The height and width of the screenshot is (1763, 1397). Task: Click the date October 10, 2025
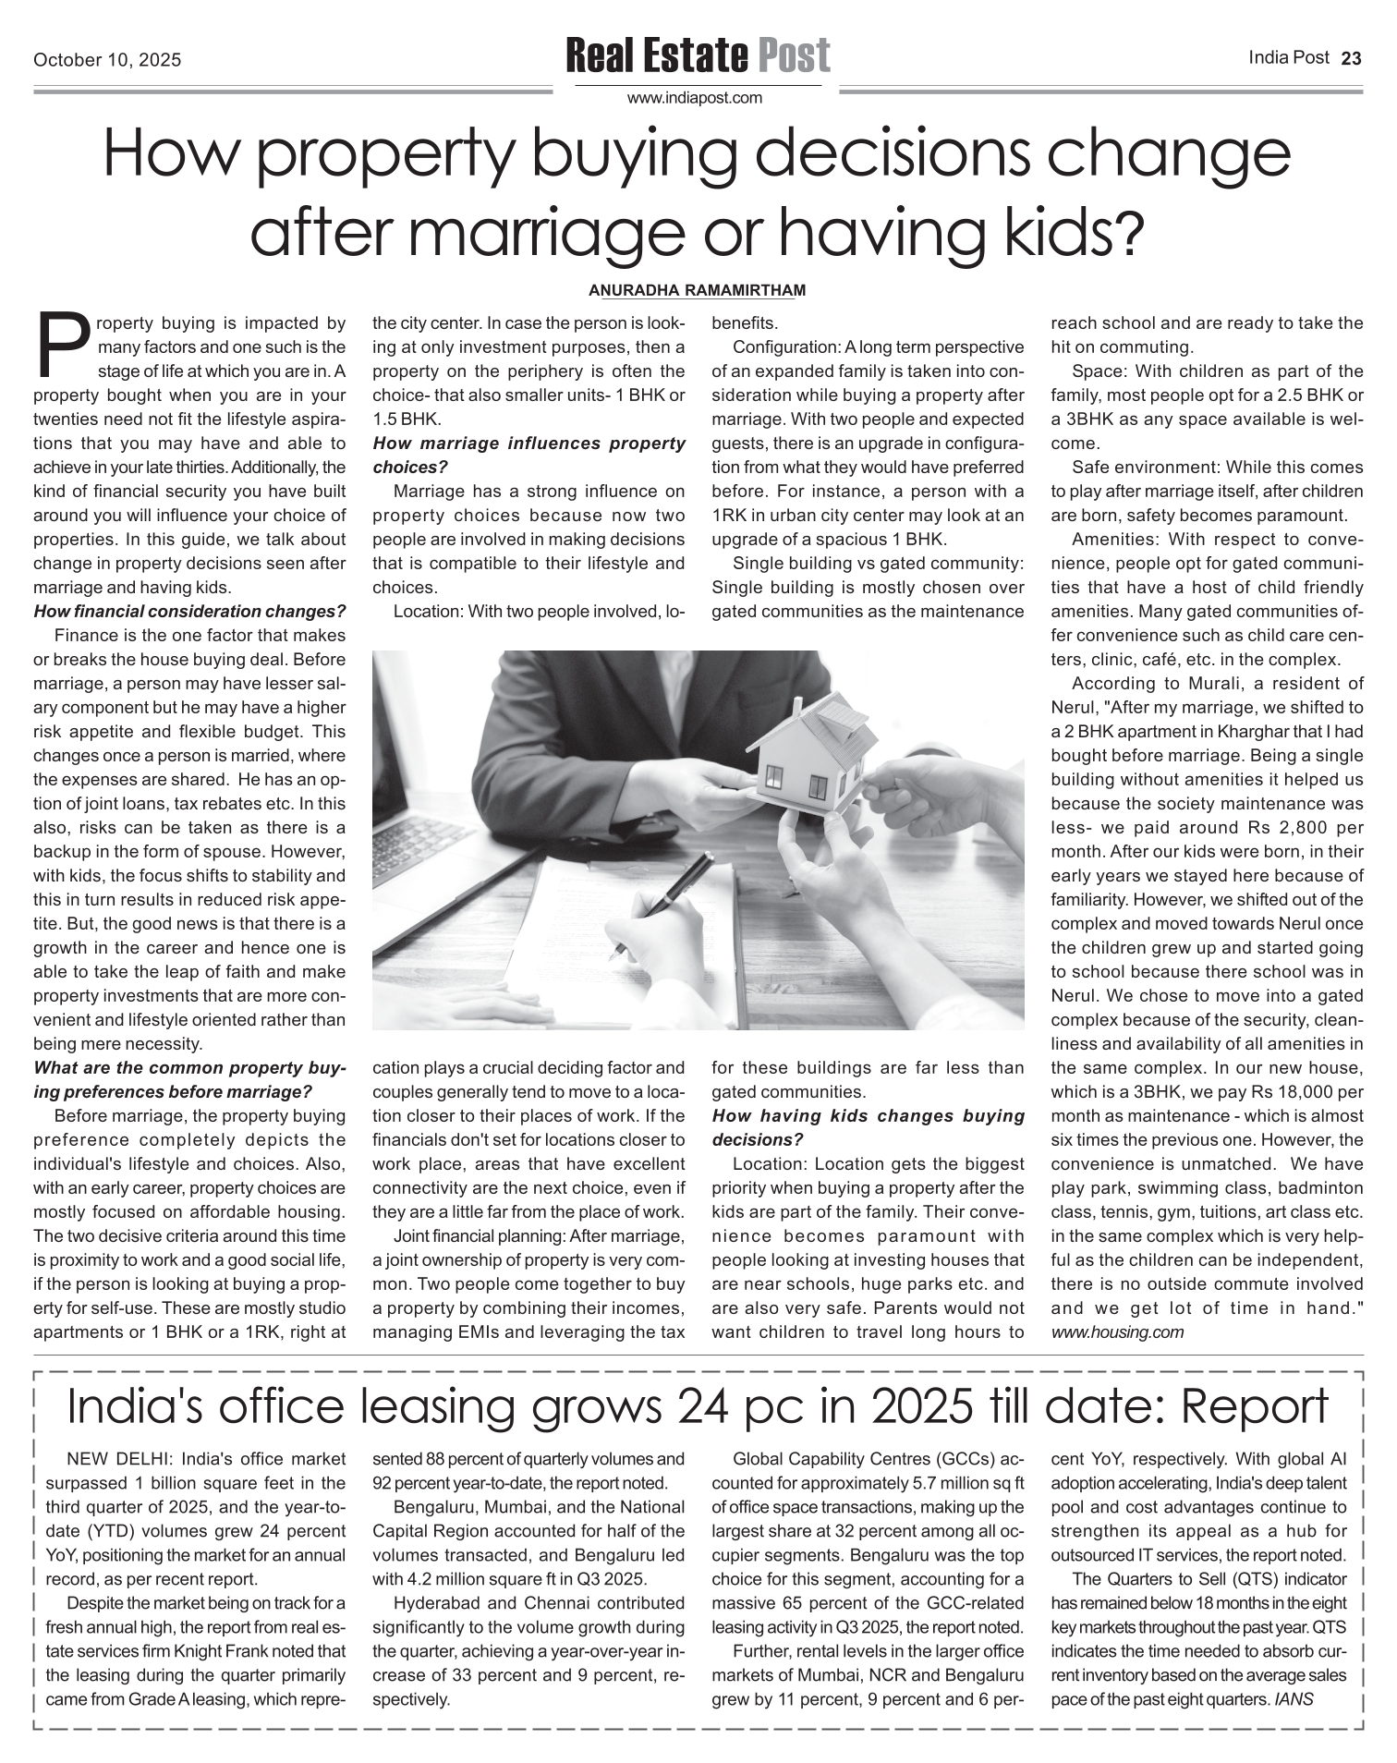point(107,61)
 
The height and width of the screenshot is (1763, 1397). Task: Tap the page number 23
point(1351,59)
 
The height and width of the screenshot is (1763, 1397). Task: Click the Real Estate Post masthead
point(698,56)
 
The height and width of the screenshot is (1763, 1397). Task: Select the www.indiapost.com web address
point(695,98)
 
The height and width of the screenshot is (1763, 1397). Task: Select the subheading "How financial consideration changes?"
point(189,611)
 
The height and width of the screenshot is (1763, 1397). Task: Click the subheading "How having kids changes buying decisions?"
point(869,1127)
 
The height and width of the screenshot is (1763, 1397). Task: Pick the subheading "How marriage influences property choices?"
point(528,455)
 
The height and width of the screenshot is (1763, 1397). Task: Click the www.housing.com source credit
point(1117,1331)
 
